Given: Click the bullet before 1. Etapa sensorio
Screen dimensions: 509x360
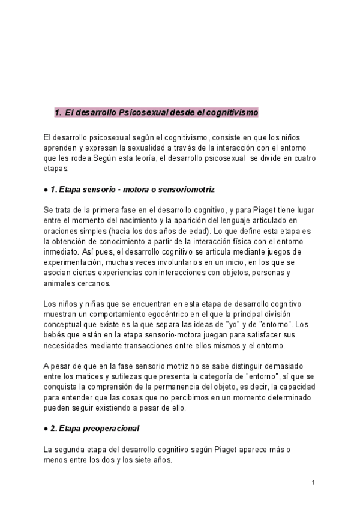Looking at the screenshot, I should (46, 190).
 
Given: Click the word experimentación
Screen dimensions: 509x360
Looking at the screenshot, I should (73, 262).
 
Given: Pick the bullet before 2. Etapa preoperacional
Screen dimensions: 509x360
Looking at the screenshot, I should (46, 429).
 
